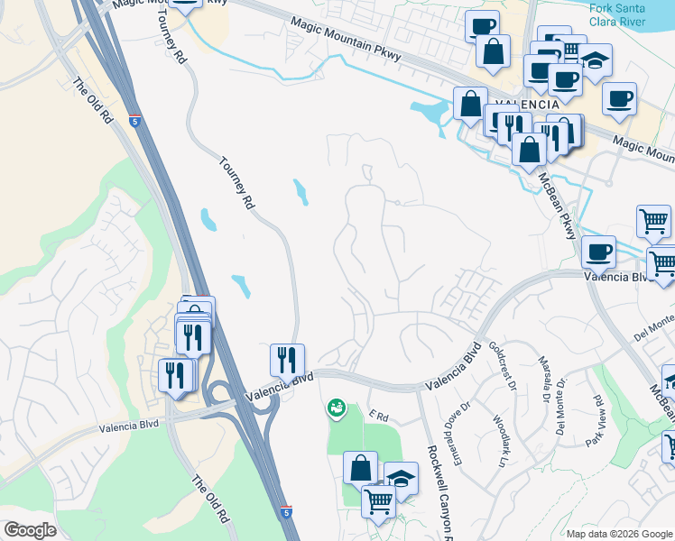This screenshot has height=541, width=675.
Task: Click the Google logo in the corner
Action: coord(30,530)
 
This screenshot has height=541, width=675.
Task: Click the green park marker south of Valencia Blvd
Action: coord(337,409)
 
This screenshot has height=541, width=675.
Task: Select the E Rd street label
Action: coord(378,416)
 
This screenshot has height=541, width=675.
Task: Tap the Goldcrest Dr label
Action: coord(501,364)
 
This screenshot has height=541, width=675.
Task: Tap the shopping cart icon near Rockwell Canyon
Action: coord(379,500)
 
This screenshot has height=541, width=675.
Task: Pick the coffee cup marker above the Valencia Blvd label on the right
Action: coord(598,252)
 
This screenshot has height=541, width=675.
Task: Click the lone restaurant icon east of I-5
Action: coord(287,359)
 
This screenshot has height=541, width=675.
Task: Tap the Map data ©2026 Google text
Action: coord(620,534)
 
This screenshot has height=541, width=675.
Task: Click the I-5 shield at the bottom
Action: coord(286,513)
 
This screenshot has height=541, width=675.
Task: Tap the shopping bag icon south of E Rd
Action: coord(360,468)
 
